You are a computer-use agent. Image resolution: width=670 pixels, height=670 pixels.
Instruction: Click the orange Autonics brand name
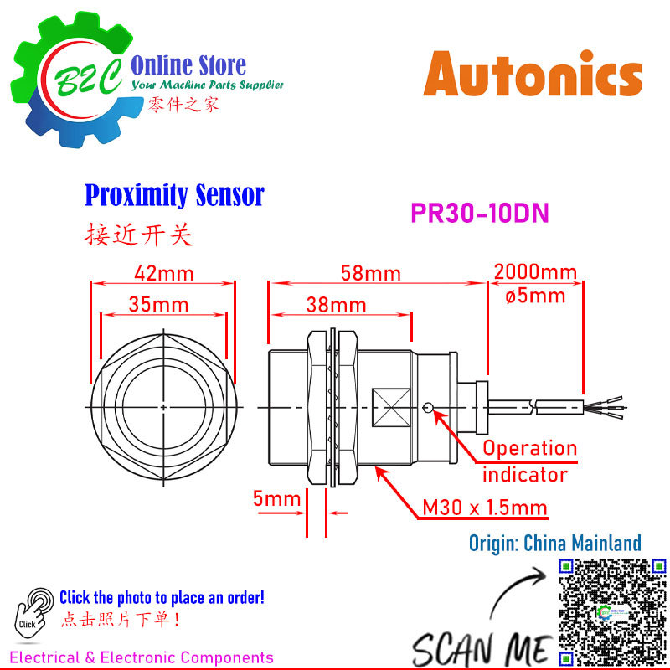click(x=533, y=74)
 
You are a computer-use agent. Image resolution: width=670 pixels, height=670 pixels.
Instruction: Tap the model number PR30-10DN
click(x=479, y=213)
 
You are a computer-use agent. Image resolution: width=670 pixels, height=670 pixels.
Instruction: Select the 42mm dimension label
click(x=164, y=274)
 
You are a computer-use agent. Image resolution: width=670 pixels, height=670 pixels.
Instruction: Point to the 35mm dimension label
click(x=158, y=305)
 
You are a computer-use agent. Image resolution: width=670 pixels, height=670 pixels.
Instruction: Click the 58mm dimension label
click(x=370, y=274)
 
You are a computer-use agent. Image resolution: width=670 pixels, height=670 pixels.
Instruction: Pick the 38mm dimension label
click(x=337, y=305)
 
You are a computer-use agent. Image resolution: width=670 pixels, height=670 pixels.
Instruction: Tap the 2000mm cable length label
click(x=535, y=272)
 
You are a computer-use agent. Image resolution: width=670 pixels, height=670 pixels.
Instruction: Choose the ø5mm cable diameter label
click(x=535, y=296)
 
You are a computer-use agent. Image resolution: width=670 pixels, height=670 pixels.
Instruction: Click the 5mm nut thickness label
click(x=277, y=498)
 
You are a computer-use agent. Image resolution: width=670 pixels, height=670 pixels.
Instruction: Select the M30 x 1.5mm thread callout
click(x=485, y=508)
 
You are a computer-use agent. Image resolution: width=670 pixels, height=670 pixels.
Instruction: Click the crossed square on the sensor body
click(x=391, y=408)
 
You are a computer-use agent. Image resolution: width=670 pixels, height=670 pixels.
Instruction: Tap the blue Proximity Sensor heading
click(x=175, y=195)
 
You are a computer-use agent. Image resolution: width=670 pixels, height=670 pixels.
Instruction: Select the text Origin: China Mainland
click(x=555, y=543)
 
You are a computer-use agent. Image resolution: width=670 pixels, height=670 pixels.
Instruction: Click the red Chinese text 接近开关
click(x=138, y=234)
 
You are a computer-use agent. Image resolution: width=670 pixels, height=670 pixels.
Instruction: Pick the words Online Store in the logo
click(x=188, y=65)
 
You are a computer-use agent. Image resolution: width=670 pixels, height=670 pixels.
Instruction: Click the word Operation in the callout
click(x=530, y=449)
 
